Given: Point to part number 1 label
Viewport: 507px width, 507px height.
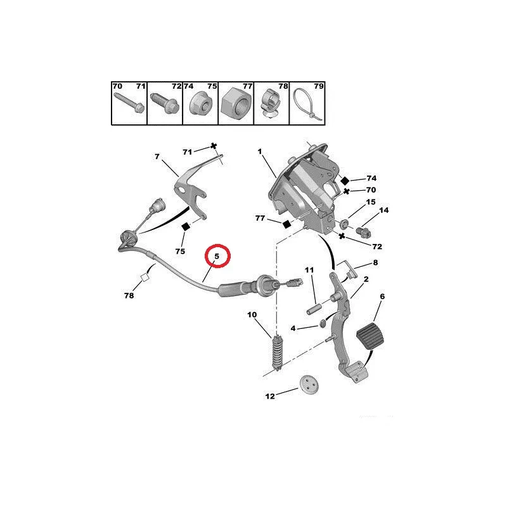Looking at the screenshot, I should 259,151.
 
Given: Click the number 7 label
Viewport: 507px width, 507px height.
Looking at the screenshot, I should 157,157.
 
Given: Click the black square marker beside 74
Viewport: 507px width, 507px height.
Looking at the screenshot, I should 345,180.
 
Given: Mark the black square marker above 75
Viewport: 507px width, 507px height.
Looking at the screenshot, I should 186,226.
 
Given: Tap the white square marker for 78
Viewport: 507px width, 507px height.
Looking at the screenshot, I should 144,277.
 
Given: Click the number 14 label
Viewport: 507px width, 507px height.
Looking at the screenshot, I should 384,210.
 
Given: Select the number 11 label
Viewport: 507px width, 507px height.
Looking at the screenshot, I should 309,271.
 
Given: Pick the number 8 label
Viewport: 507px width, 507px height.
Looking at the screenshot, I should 375,262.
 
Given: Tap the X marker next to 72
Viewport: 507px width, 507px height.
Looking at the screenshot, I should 342,236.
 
